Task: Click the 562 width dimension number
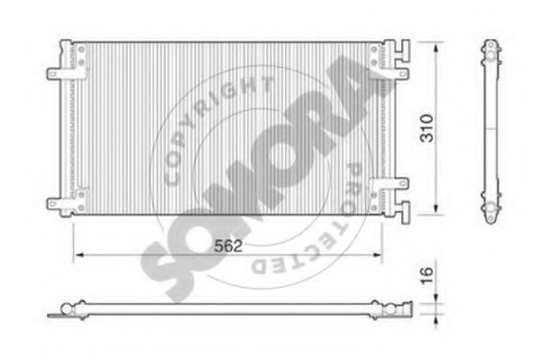228,245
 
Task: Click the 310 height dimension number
426,128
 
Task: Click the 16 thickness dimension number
426,275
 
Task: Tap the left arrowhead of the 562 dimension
79,255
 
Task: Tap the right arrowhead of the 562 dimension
377,255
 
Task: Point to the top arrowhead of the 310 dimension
436,49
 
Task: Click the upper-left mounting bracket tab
54,74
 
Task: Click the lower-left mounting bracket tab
54,204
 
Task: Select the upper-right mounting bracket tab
400,73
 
